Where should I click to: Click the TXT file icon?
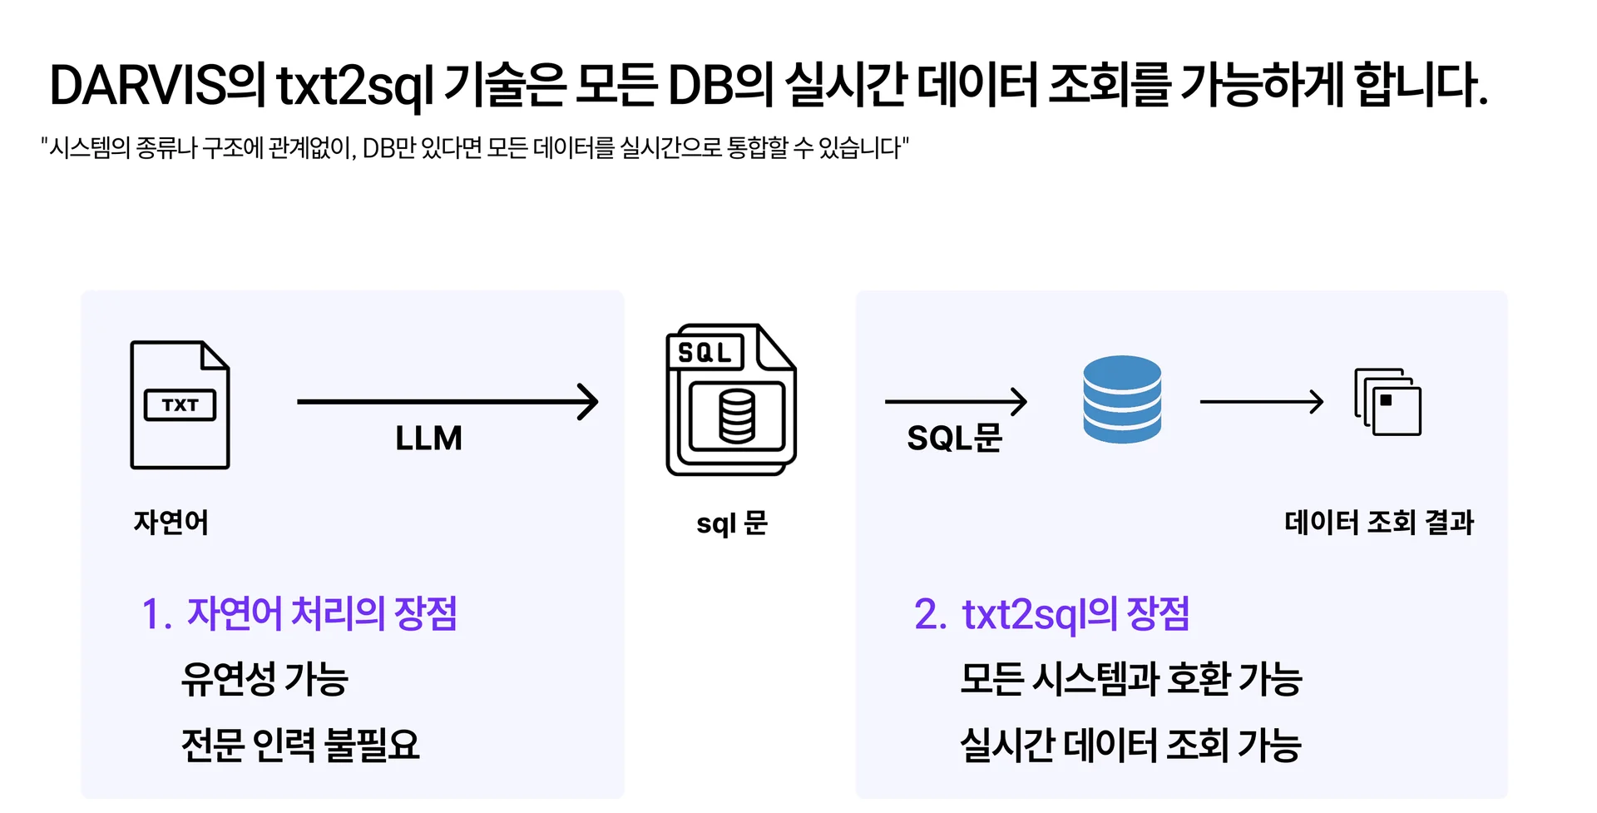(x=180, y=405)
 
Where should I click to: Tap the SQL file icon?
(x=730, y=399)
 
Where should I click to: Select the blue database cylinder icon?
(x=1122, y=399)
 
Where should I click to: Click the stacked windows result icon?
(x=1387, y=402)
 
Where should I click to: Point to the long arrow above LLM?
(x=447, y=402)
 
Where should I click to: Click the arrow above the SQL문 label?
(x=956, y=402)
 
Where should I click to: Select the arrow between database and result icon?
(x=1261, y=402)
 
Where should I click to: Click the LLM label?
(x=428, y=439)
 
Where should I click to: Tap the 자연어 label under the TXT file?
(x=171, y=523)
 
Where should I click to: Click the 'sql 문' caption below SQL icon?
(x=732, y=523)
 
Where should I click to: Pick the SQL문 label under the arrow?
(x=955, y=439)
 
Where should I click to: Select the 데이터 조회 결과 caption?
(x=1379, y=523)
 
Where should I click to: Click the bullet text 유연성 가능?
(x=265, y=679)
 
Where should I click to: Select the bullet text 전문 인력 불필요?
(x=300, y=745)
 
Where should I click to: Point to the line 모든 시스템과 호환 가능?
(x=1130, y=679)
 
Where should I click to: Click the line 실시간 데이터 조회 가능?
(x=1130, y=745)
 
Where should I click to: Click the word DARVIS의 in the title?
(x=156, y=86)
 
